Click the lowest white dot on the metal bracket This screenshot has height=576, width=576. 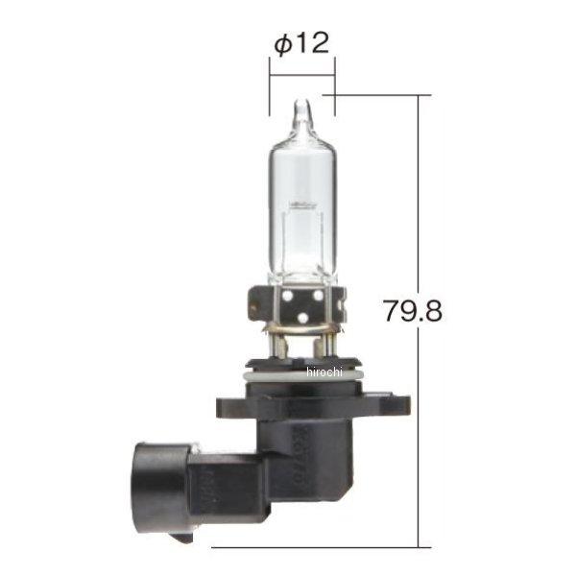coord(301,319)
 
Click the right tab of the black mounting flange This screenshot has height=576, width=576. coord(384,403)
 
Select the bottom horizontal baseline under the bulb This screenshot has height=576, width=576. coord(317,546)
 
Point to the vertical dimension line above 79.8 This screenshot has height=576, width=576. coord(420,192)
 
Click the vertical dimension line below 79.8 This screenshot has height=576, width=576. coord(420,442)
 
